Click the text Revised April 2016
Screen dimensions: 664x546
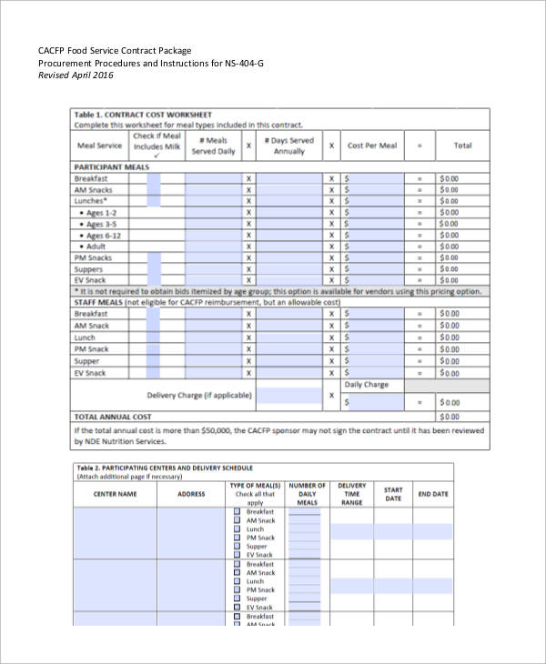coord(82,75)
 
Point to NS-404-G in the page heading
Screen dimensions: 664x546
coord(243,63)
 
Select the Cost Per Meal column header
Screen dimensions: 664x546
coord(372,146)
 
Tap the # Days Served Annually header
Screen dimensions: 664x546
coord(288,146)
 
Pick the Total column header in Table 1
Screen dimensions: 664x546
coord(462,146)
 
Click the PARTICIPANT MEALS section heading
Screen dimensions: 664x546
coord(111,167)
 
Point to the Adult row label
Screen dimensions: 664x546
coord(95,246)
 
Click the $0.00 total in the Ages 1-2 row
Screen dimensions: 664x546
coord(450,213)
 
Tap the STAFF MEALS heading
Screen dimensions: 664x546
coord(97,302)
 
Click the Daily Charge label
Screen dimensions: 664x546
coord(366,385)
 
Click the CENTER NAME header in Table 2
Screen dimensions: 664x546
coord(115,494)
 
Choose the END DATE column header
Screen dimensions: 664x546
coord(433,494)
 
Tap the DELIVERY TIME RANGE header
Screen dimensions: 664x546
coord(352,494)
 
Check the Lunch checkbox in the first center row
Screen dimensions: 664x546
coord(238,529)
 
